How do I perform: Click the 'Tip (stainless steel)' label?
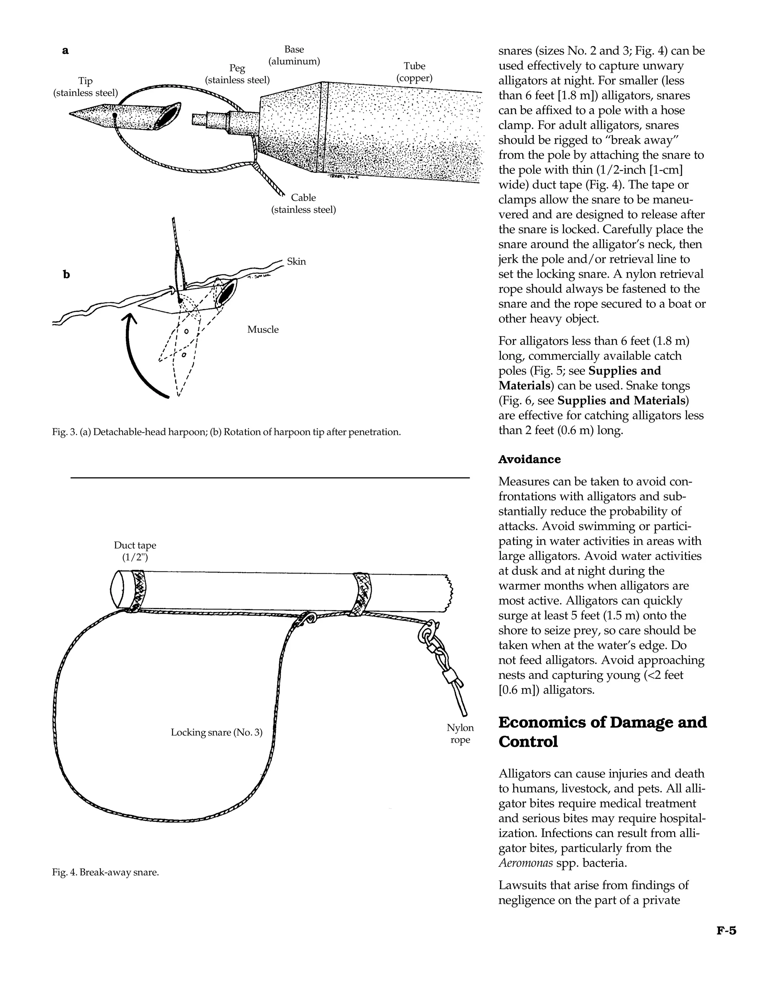pos(86,87)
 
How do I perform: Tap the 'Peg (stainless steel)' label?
pos(238,74)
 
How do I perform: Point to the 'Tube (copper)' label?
pos(414,72)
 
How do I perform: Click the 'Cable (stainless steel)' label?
pos(304,203)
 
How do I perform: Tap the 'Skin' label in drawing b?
pos(296,262)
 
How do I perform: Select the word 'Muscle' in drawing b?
pos(263,329)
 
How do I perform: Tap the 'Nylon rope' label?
pos(460,733)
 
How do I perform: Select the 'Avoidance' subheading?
pos(529,460)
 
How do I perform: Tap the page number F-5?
pos(726,931)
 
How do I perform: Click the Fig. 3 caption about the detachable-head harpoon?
pos(226,432)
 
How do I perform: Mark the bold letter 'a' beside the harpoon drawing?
pos(66,50)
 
